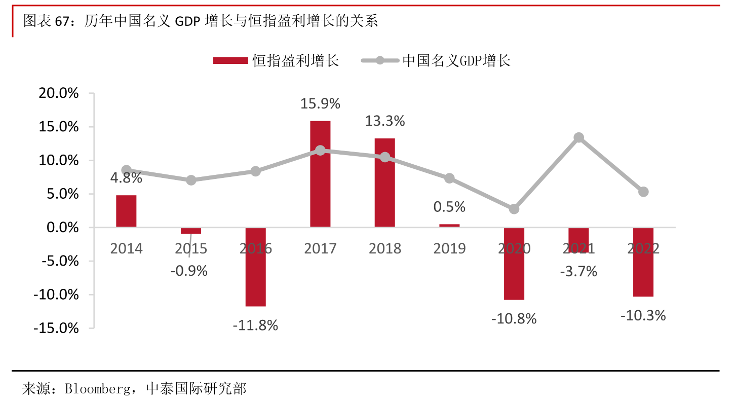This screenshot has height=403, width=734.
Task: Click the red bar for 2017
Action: (x=320, y=174)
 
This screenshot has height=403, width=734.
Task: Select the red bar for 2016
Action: (x=255, y=267)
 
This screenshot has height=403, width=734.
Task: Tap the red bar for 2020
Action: (x=514, y=264)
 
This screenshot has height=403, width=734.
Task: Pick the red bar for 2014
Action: (x=126, y=211)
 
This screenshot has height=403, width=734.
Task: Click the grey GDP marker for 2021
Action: (x=579, y=138)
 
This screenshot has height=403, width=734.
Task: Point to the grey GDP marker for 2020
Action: (x=514, y=209)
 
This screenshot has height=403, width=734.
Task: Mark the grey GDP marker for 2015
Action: (x=191, y=180)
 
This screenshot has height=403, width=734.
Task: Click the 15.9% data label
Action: (x=320, y=104)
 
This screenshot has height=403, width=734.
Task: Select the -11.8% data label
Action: (x=255, y=325)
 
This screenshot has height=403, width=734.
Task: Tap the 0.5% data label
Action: (x=449, y=207)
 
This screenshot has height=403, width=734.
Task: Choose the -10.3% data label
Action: (x=643, y=316)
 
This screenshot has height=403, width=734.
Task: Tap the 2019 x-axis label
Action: (x=449, y=248)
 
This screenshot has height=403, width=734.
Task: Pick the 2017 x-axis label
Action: (x=320, y=248)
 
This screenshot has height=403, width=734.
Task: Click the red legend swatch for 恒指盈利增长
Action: (x=231, y=61)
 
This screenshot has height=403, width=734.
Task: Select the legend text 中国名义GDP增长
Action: (x=456, y=61)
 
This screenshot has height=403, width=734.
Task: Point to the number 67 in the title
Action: (x=62, y=21)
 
